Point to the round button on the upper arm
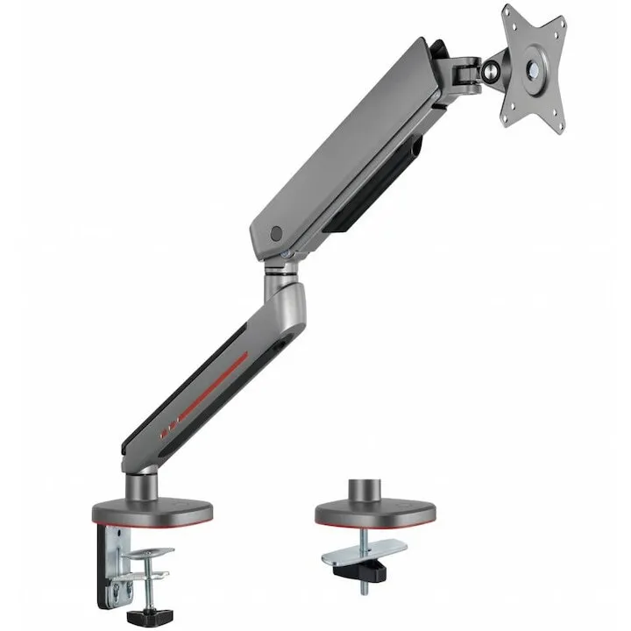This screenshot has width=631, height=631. [278, 233]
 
